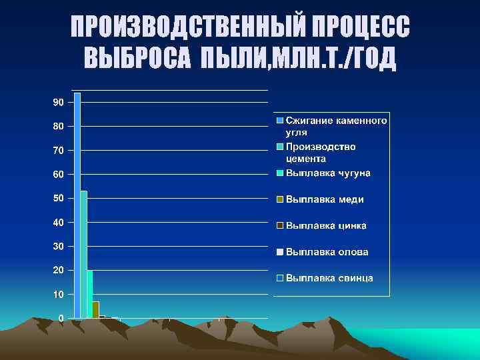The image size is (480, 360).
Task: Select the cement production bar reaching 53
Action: pos(83,253)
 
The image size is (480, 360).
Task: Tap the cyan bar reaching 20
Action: pos(89,293)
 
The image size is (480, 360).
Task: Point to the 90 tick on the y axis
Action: pos(59,103)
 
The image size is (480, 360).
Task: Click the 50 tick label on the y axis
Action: pos(59,198)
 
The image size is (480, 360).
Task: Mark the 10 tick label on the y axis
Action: pos(59,294)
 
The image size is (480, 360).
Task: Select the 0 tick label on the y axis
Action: pos(61,318)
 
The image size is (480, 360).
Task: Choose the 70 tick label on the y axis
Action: pos(59,151)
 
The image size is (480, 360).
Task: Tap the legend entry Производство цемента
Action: pos(321,152)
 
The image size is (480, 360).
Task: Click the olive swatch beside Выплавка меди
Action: pos(281,199)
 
